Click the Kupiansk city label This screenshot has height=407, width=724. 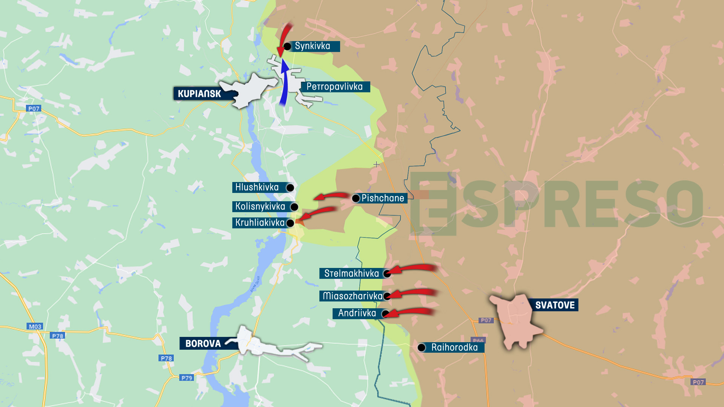[x=199, y=93]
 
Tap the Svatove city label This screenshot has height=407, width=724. [x=555, y=305]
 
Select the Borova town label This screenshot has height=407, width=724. [x=203, y=343]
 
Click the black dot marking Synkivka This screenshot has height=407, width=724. [x=287, y=46]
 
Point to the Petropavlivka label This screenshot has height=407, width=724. [x=335, y=87]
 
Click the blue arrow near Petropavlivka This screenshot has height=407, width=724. [x=284, y=83]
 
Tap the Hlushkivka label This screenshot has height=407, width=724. [x=257, y=187]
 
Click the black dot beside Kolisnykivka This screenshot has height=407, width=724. [x=294, y=207]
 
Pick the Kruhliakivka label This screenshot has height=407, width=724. [x=260, y=223]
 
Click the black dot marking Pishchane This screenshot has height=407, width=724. [x=356, y=198]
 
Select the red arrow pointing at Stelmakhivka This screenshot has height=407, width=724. [x=413, y=268]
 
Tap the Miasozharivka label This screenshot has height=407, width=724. [x=353, y=296]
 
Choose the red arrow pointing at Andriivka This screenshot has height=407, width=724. [x=411, y=312]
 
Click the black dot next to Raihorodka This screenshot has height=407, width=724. [x=422, y=347]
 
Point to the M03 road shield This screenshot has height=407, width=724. [x=35, y=326]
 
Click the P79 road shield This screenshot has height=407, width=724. [x=187, y=378]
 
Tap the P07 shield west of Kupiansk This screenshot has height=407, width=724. [x=34, y=109]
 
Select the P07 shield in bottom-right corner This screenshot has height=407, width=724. [x=698, y=382]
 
